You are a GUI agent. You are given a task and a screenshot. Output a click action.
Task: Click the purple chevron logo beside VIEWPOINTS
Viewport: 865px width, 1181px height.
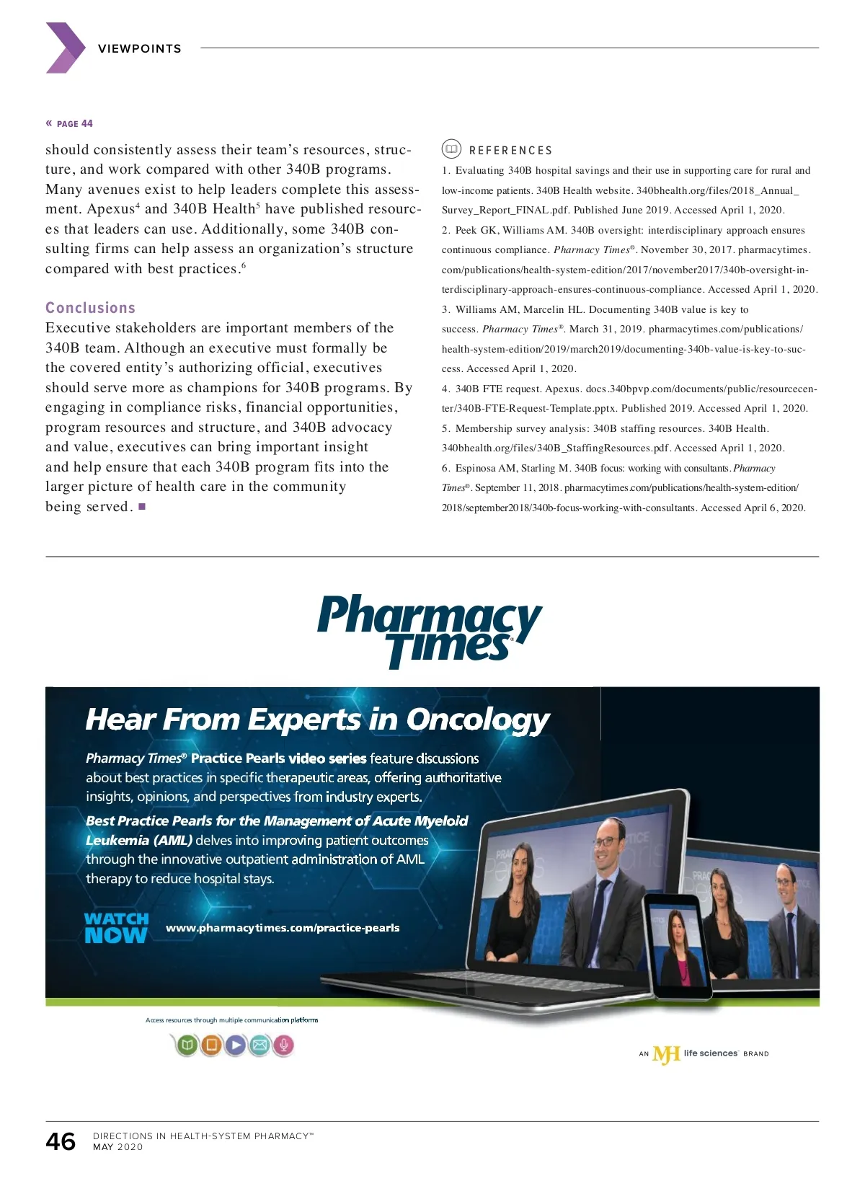[66, 48]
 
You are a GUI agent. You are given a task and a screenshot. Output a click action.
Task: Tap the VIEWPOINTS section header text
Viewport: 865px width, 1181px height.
[140, 49]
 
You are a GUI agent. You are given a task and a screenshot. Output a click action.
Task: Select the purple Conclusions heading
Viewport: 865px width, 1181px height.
[90, 308]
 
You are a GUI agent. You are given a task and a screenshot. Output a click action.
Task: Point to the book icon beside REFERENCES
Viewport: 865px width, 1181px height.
[451, 149]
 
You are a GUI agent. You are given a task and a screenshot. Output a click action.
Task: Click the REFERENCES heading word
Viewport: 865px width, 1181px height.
[510, 151]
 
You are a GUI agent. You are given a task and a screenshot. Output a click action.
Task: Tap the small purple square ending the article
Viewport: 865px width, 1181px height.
[142, 507]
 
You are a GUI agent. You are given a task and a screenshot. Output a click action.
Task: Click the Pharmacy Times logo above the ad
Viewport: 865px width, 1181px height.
[430, 629]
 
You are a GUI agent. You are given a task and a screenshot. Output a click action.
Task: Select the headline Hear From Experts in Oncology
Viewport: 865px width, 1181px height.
[317, 720]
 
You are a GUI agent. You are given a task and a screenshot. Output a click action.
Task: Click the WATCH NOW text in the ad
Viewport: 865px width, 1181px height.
[116, 928]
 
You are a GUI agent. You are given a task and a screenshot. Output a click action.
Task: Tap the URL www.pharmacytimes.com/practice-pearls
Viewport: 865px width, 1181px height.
[283, 928]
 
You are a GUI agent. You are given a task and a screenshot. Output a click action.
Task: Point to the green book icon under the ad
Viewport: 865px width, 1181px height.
[187, 1045]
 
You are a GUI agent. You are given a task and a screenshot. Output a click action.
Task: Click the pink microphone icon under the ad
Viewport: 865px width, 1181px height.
[284, 1045]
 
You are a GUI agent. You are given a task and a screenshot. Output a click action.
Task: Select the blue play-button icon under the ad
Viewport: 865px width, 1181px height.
[236, 1045]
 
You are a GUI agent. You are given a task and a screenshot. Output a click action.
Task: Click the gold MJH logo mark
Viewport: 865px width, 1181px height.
[666, 1054]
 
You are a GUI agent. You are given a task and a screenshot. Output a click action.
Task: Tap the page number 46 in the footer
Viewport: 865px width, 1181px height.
[61, 1141]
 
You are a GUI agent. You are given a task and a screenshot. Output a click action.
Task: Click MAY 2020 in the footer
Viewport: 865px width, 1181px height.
[118, 1147]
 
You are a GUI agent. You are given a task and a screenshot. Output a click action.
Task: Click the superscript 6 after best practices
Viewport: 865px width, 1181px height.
[244, 265]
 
